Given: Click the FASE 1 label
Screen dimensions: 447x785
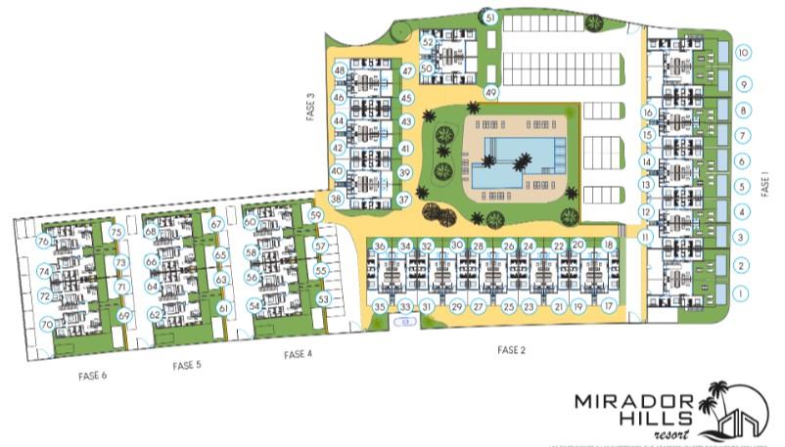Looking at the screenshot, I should (766, 184).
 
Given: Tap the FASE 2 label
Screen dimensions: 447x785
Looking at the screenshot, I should (512, 349).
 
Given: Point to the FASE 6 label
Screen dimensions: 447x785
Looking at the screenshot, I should (92, 375).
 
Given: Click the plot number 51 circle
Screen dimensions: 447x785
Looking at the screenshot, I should (490, 18).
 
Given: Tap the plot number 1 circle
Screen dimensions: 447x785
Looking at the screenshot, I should (743, 292).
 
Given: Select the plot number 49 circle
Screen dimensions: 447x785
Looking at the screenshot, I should (491, 93).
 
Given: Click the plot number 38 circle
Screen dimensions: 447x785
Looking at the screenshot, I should (336, 199).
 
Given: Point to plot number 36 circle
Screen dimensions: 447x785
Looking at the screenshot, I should (380, 245).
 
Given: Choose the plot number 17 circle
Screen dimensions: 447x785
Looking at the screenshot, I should (609, 306).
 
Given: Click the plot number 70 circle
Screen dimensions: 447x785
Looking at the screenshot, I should (47, 324).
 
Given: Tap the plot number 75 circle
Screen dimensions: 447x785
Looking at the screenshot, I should (116, 232).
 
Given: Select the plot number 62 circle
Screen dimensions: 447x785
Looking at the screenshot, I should (155, 314).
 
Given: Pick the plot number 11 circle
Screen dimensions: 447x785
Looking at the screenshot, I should (645, 237).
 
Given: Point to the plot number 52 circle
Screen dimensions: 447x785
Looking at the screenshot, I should (428, 43).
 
